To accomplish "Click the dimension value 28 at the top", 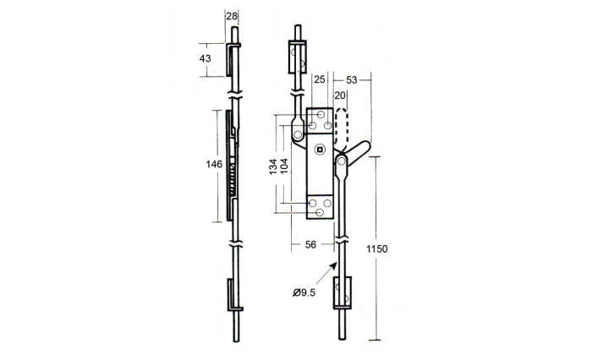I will click(x=233, y=16).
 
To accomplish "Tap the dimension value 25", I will click(x=320, y=79).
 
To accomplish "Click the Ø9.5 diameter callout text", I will click(x=305, y=292).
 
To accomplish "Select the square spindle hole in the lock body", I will click(x=319, y=150).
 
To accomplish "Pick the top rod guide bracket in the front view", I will click(x=297, y=60).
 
